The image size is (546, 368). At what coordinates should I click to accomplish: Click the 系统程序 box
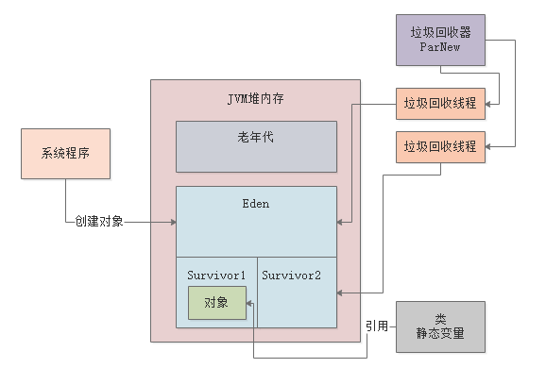[x=65, y=155]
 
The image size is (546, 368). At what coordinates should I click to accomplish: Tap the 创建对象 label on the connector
[x=99, y=222]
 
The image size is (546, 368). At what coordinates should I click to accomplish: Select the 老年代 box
[x=255, y=146]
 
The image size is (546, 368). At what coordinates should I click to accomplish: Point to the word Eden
[x=255, y=203]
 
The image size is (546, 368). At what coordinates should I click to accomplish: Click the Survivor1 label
[x=216, y=275]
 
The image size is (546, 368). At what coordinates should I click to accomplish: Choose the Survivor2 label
[x=292, y=275]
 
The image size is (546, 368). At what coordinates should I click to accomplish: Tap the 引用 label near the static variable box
[x=377, y=326]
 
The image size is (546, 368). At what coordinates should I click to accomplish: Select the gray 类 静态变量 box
[x=440, y=326]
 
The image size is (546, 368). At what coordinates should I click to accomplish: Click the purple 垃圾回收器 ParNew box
[x=440, y=41]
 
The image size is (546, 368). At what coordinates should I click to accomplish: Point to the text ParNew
[x=440, y=48]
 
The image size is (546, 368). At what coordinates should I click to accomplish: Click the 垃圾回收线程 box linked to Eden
[x=440, y=102]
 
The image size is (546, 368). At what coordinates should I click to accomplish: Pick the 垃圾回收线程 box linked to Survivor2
[x=440, y=146]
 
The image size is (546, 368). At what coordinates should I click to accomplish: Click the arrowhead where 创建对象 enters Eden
[x=173, y=222]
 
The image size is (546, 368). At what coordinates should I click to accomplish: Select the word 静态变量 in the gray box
[x=440, y=334]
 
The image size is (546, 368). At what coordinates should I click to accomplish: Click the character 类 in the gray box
[x=440, y=318]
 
